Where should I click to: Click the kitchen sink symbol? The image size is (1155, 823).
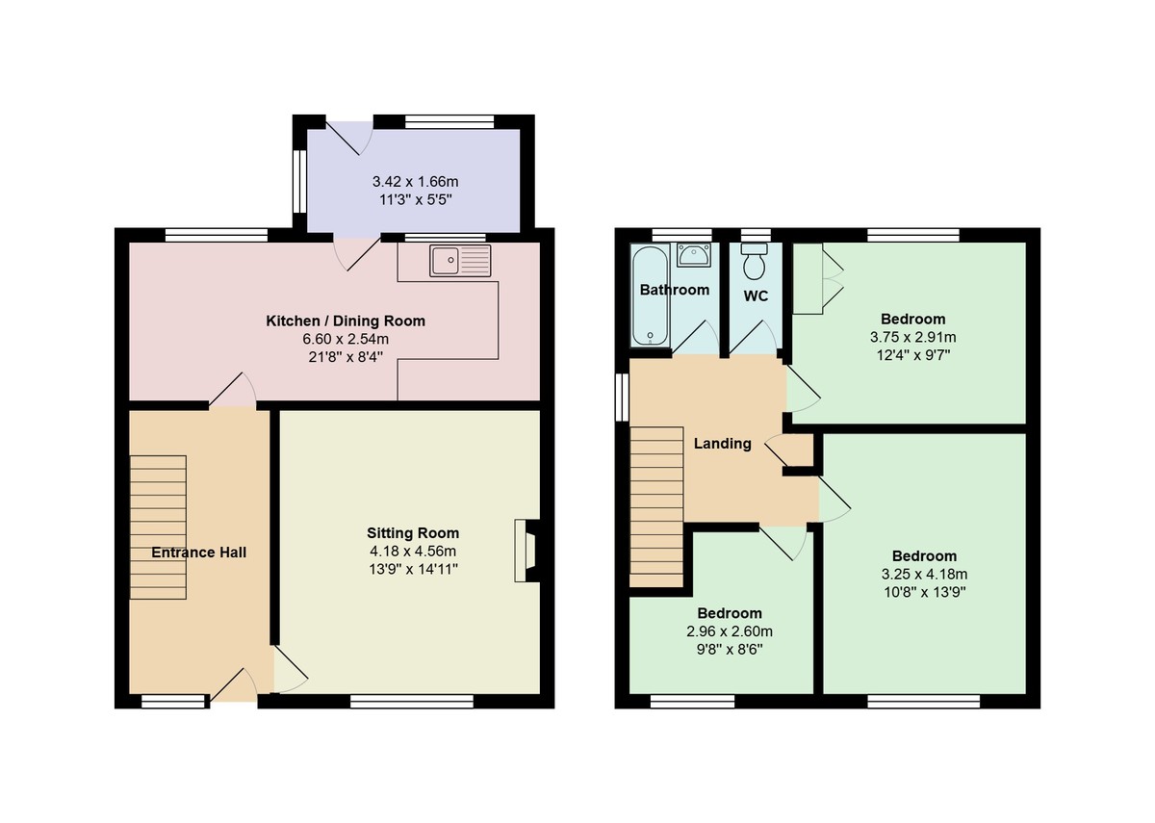(x=460, y=261)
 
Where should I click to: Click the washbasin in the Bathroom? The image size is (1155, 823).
(x=694, y=255)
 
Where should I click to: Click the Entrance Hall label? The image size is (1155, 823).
(x=198, y=553)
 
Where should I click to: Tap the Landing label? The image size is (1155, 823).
(x=722, y=444)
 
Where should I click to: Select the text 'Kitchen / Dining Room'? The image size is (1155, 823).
(x=345, y=321)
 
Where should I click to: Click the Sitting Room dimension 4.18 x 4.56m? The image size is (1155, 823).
(x=412, y=551)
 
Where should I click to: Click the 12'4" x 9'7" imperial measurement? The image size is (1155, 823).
(x=912, y=354)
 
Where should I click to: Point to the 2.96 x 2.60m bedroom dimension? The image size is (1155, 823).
(x=730, y=631)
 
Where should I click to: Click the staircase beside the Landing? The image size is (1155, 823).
(x=656, y=506)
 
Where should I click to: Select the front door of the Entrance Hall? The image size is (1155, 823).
(x=232, y=688)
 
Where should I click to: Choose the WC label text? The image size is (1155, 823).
(x=756, y=296)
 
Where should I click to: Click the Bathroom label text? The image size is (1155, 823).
(x=675, y=290)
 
